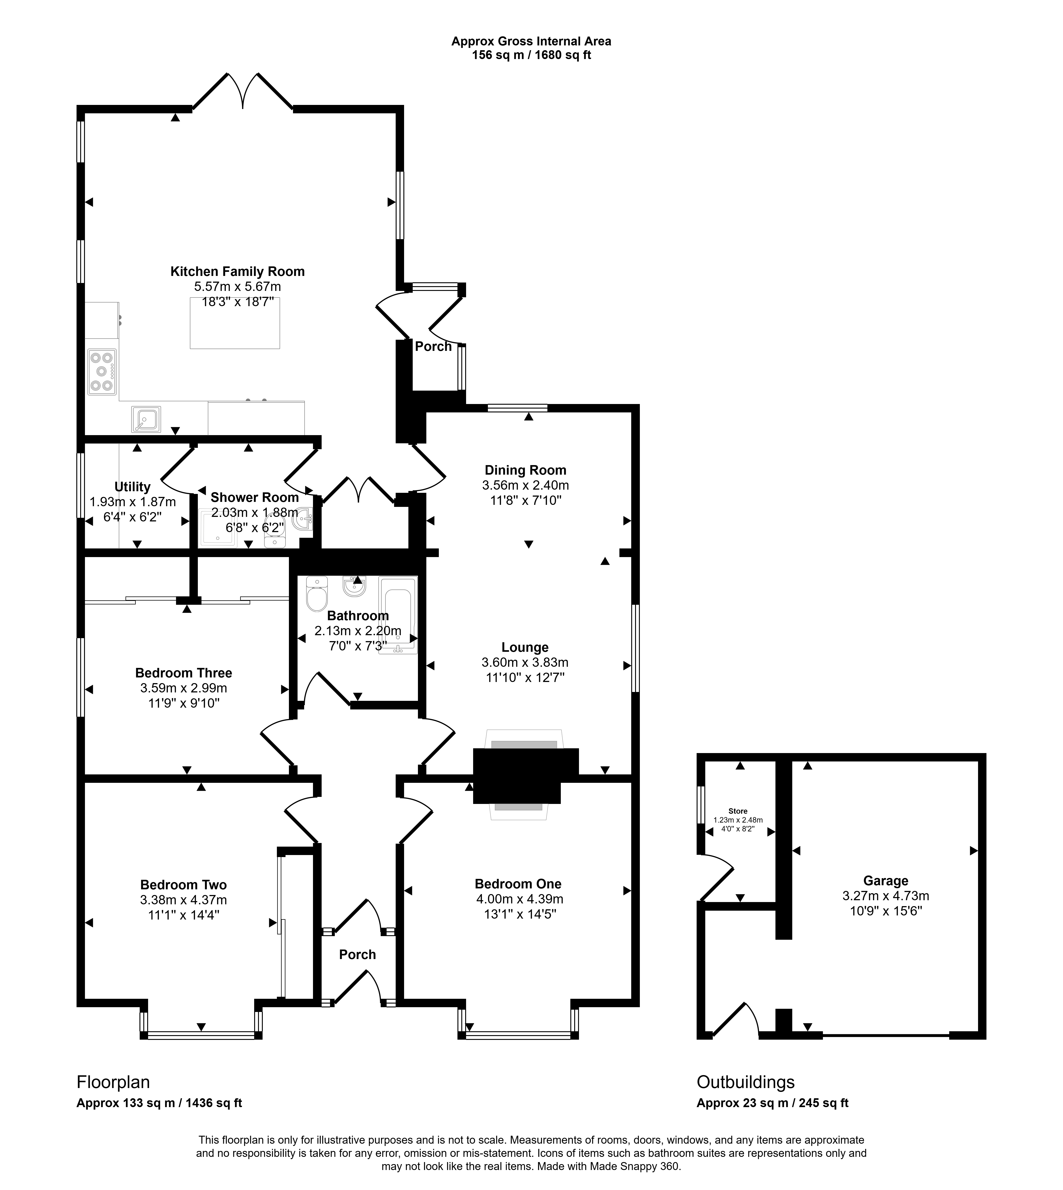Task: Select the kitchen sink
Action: (x=146, y=419)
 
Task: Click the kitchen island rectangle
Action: (x=235, y=323)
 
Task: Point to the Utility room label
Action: (x=133, y=487)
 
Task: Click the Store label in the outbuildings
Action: (x=738, y=811)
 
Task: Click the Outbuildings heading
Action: (x=746, y=1082)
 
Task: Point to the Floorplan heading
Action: (x=113, y=1082)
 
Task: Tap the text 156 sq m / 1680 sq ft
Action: (x=531, y=55)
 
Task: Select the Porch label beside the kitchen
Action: (x=433, y=346)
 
